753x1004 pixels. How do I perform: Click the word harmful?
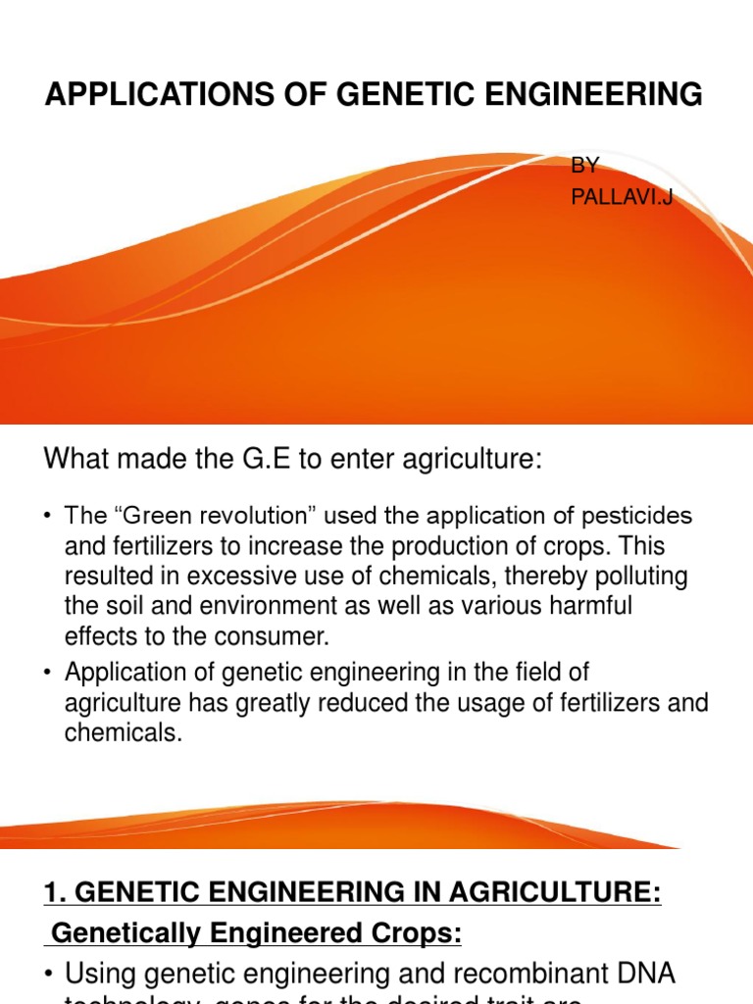click(x=591, y=606)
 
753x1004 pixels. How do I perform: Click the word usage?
click(x=521, y=703)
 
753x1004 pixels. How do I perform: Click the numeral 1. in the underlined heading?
click(x=55, y=893)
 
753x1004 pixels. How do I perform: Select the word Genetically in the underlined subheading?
click(x=114, y=934)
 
